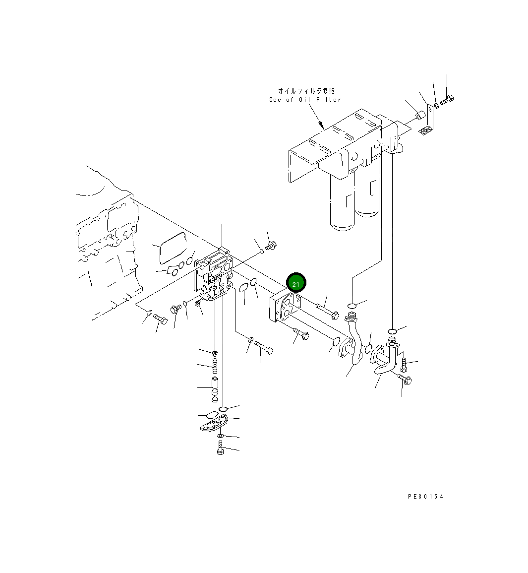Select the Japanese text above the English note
(306, 91)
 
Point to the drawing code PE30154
(425, 496)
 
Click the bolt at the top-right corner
(447, 99)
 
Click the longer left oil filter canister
(343, 203)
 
